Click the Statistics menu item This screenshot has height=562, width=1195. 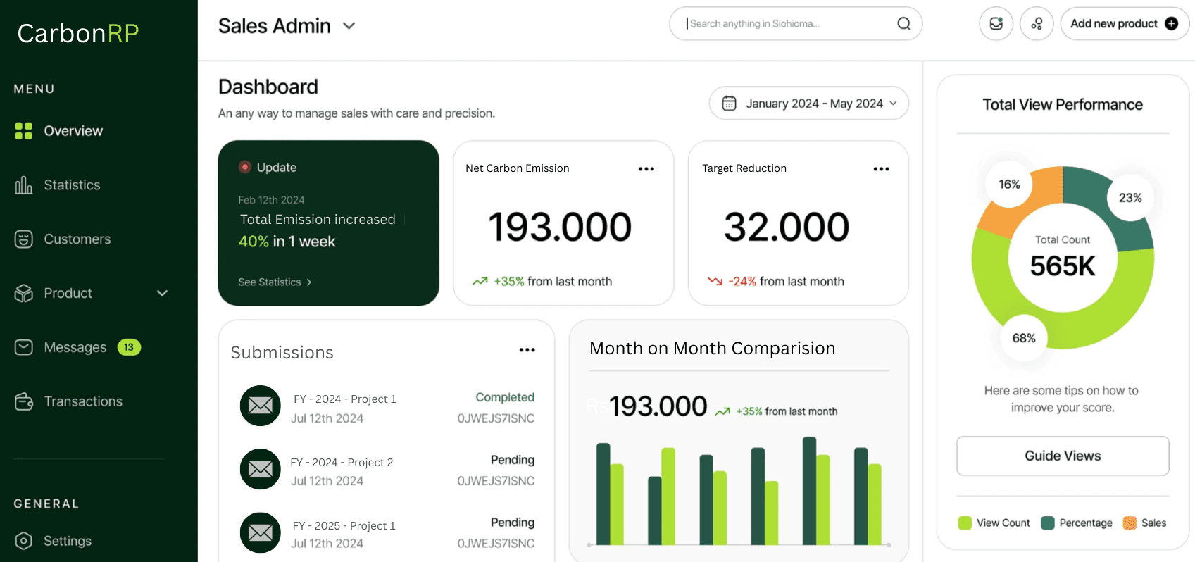[x=71, y=185]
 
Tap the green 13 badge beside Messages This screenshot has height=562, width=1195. [x=129, y=347]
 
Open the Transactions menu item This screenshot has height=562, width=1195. [x=82, y=401]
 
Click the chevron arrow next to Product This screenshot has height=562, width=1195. [x=162, y=293]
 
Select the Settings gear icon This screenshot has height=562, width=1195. [x=24, y=541]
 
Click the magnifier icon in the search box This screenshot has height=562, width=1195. [x=903, y=24]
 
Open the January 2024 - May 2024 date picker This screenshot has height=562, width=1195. [x=808, y=104]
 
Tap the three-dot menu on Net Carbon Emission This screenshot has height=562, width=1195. [x=646, y=169]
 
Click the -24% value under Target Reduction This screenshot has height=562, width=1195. [x=742, y=282]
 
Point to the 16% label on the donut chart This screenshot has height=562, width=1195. [x=1009, y=185]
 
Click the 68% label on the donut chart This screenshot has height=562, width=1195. [x=1023, y=338]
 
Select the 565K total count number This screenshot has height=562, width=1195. [x=1062, y=266]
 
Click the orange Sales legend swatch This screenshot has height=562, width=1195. [x=1130, y=523]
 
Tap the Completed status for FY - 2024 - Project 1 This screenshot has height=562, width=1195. [x=504, y=397]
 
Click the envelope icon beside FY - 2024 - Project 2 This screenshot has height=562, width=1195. [x=261, y=469]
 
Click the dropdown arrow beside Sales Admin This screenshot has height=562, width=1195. [x=349, y=26]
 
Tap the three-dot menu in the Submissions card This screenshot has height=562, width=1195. [x=527, y=350]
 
